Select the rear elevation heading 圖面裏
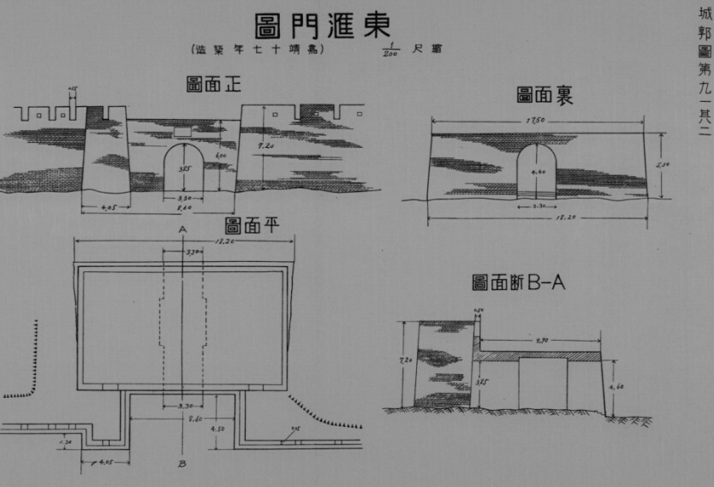tap(544, 95)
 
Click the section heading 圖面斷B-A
tap(519, 282)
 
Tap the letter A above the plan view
tap(182, 229)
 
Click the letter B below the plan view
tap(182, 466)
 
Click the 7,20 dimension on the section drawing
tap(406, 361)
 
